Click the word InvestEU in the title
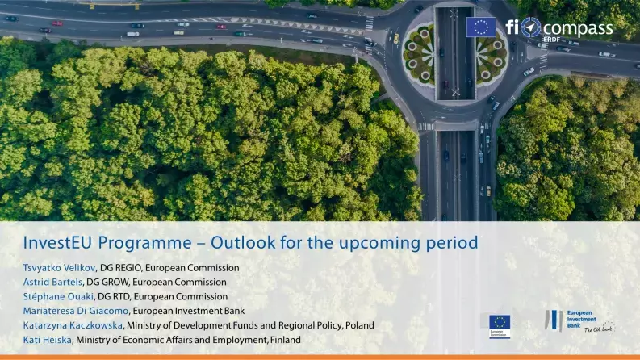[56, 242]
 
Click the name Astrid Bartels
[52, 283]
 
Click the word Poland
[359, 325]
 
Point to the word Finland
[285, 340]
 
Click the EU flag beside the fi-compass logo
[481, 27]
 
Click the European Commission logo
[500, 324]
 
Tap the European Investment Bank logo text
[579, 317]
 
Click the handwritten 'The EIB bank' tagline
[598, 329]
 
